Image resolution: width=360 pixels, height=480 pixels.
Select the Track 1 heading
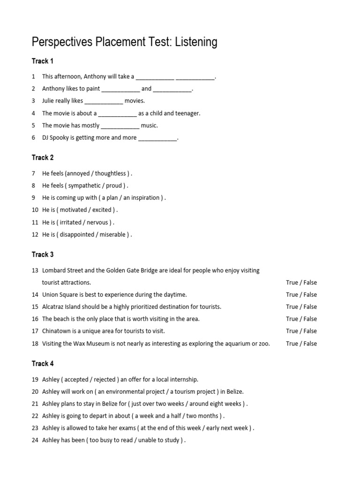click(43, 61)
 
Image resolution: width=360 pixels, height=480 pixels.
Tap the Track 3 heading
click(43, 255)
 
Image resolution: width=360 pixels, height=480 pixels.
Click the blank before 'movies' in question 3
click(104, 101)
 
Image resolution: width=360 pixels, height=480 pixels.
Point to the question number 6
click(34, 138)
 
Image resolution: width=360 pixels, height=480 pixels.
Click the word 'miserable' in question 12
click(112, 234)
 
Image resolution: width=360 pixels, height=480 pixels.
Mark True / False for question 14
click(301, 295)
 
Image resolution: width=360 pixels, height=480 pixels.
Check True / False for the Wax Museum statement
click(301, 344)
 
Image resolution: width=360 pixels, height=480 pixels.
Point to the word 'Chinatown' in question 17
click(57, 331)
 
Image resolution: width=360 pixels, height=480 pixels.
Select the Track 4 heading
click(43, 364)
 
